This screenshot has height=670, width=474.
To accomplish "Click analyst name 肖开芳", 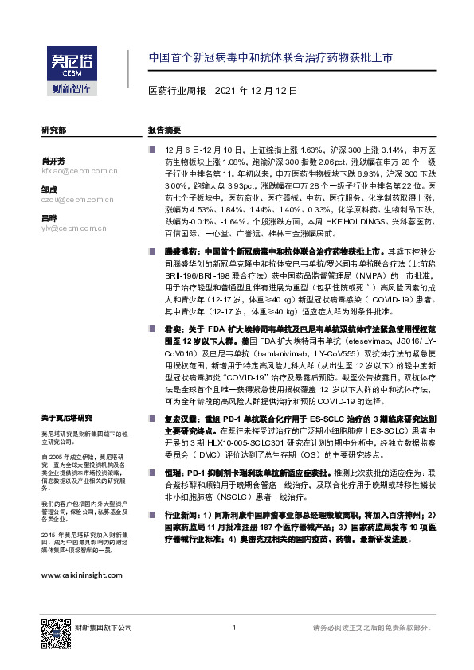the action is click(x=55, y=161).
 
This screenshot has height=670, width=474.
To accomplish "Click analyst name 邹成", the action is click(x=49, y=189).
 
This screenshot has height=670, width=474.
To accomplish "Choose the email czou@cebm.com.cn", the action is click(x=76, y=199).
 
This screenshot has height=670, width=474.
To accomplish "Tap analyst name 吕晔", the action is click(x=49, y=218).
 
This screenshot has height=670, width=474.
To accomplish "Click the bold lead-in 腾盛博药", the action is click(x=180, y=250).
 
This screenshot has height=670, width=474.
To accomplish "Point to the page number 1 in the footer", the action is click(x=236, y=629).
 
